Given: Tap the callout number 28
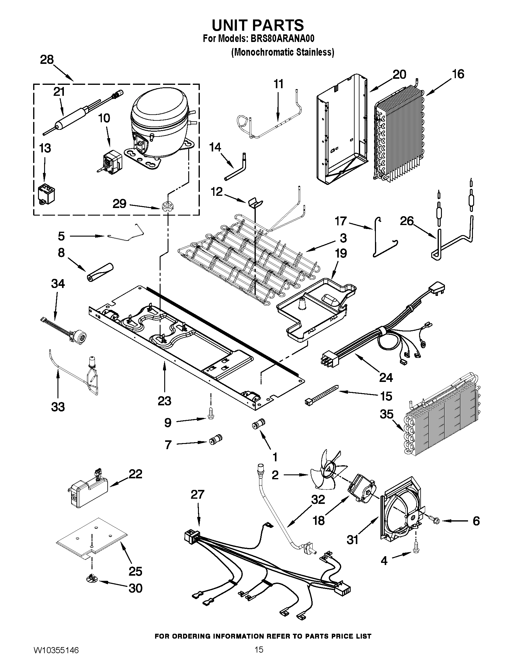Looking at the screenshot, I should pos(47,60).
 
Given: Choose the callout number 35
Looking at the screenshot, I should pos(386,414).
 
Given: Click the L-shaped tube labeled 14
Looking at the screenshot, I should pos(238,168).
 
